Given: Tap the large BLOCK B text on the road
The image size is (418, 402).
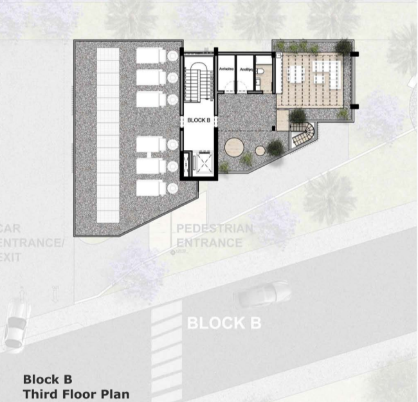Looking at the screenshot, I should pyautogui.click(x=224, y=322).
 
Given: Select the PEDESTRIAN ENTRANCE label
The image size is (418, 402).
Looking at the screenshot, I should pyautogui.click(x=214, y=236).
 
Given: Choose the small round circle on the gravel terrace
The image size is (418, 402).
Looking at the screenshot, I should pyautogui.click(x=260, y=151).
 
